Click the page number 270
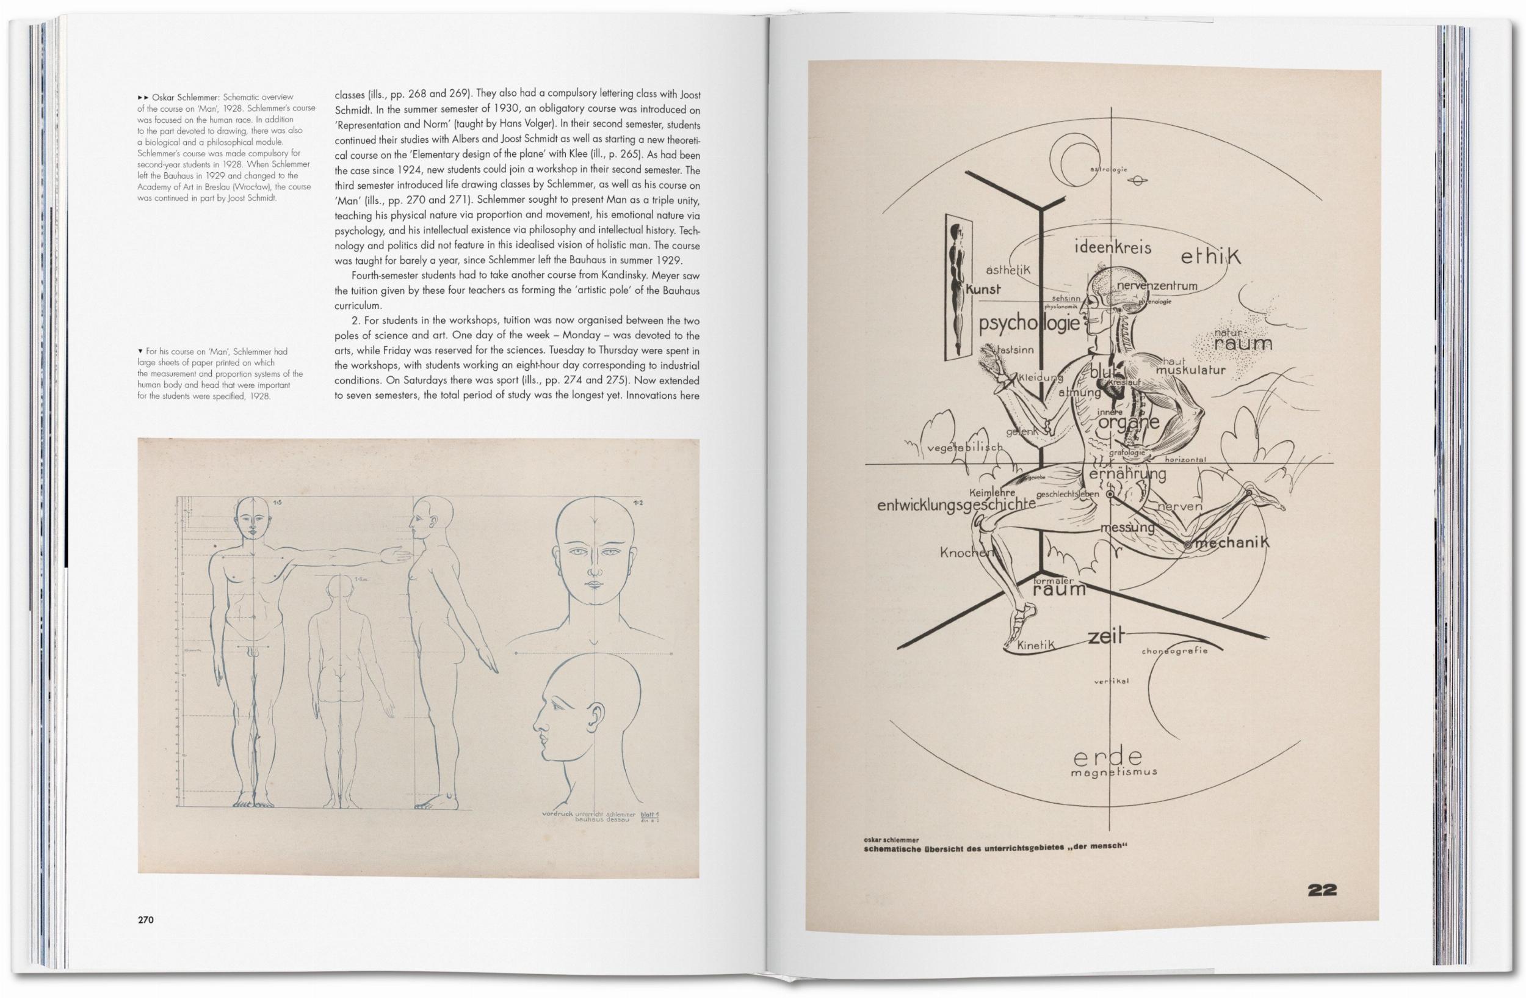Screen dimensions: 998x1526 tap(145, 920)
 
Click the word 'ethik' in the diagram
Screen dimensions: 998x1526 tap(1210, 257)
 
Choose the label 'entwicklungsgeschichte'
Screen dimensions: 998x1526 tap(956, 504)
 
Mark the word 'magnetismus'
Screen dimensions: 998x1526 tap(1114, 772)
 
